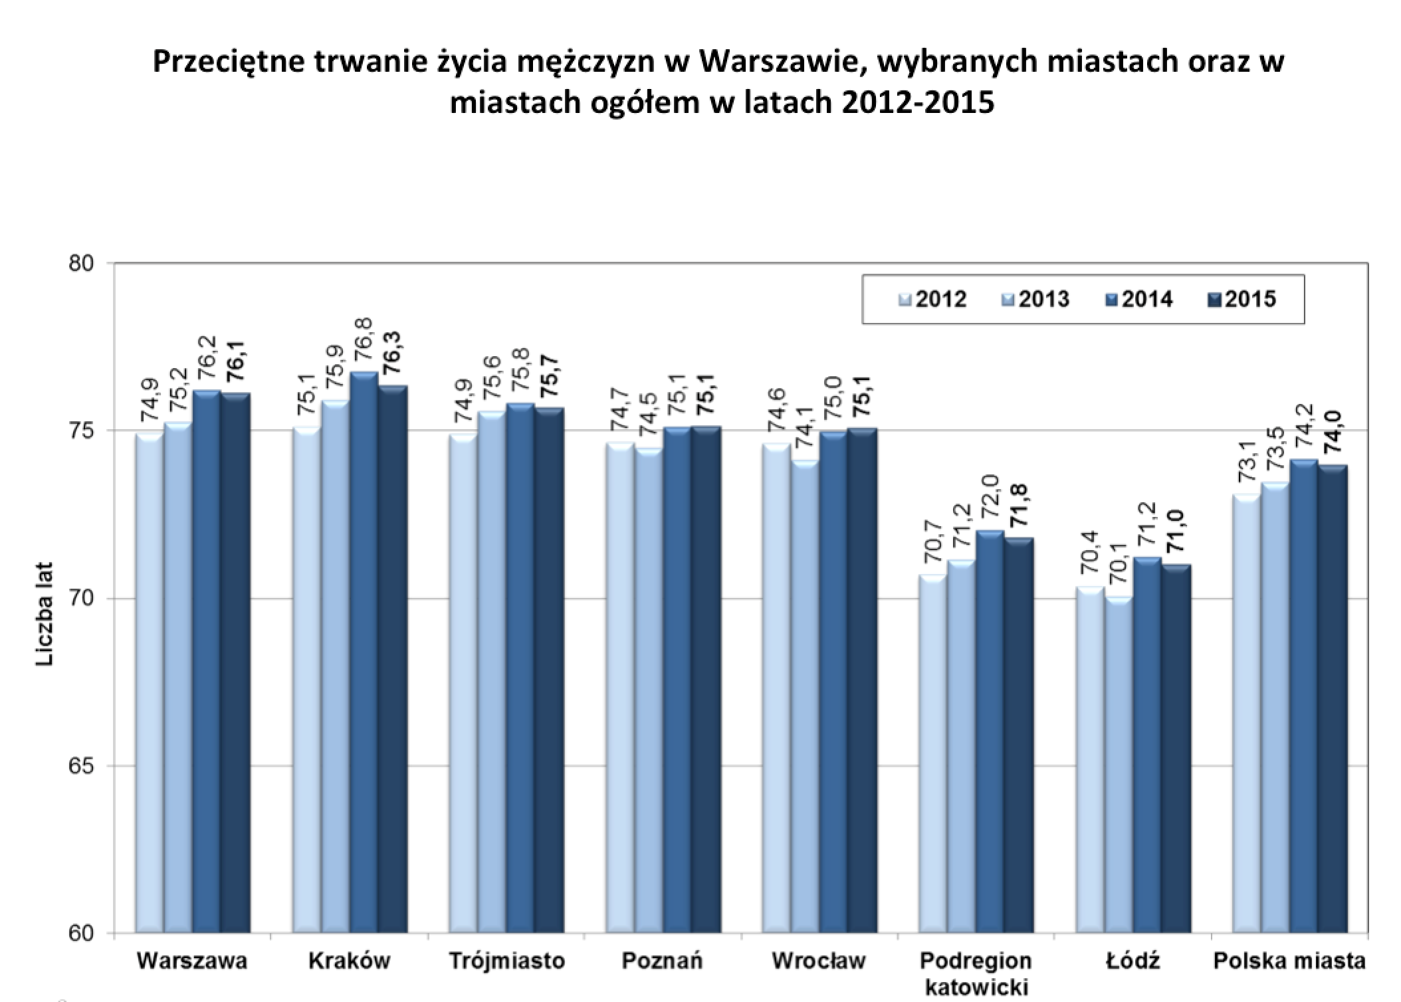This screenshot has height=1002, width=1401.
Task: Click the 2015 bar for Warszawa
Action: [236, 662]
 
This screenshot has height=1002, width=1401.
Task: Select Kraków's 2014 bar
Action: [364, 652]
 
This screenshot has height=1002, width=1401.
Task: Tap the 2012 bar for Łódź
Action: [1090, 759]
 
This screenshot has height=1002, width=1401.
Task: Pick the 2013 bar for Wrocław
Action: [805, 697]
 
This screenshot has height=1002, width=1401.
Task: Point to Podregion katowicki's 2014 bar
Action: [990, 732]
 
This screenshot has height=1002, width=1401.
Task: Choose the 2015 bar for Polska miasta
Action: [1333, 699]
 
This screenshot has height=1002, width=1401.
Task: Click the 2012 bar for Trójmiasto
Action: [463, 684]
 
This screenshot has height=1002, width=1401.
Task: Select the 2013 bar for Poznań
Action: [649, 690]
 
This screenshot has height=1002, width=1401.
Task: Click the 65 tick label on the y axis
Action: [80, 766]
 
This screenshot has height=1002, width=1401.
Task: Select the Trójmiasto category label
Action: [506, 961]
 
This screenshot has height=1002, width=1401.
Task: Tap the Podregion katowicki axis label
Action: [976, 973]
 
